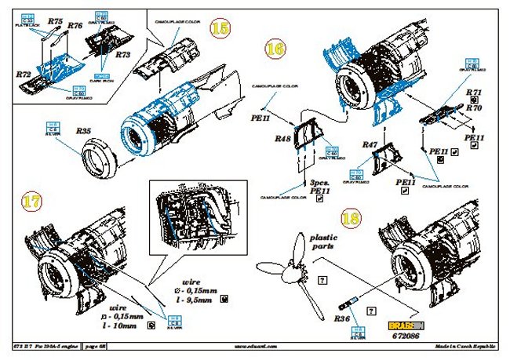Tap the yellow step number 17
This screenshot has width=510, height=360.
pos(31,202)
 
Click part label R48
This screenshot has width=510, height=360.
pos(282,138)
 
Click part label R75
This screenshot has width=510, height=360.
pos(55,22)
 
